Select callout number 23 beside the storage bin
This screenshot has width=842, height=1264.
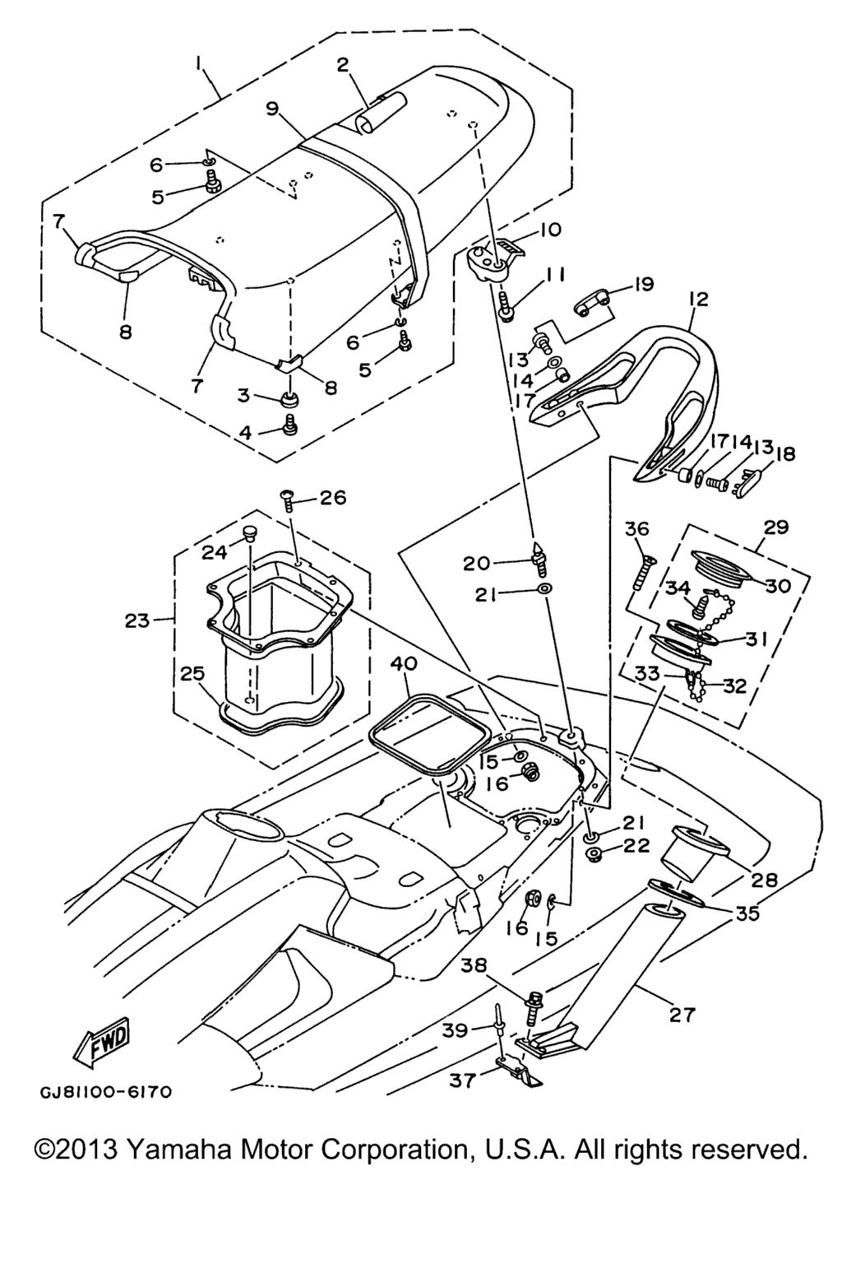pyautogui.click(x=137, y=620)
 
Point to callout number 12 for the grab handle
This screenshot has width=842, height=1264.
pyautogui.click(x=697, y=300)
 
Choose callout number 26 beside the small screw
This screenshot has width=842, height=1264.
pyautogui.click(x=332, y=498)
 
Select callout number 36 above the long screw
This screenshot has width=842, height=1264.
pyautogui.click(x=637, y=529)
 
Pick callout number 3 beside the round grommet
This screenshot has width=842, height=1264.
pyautogui.click(x=243, y=395)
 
